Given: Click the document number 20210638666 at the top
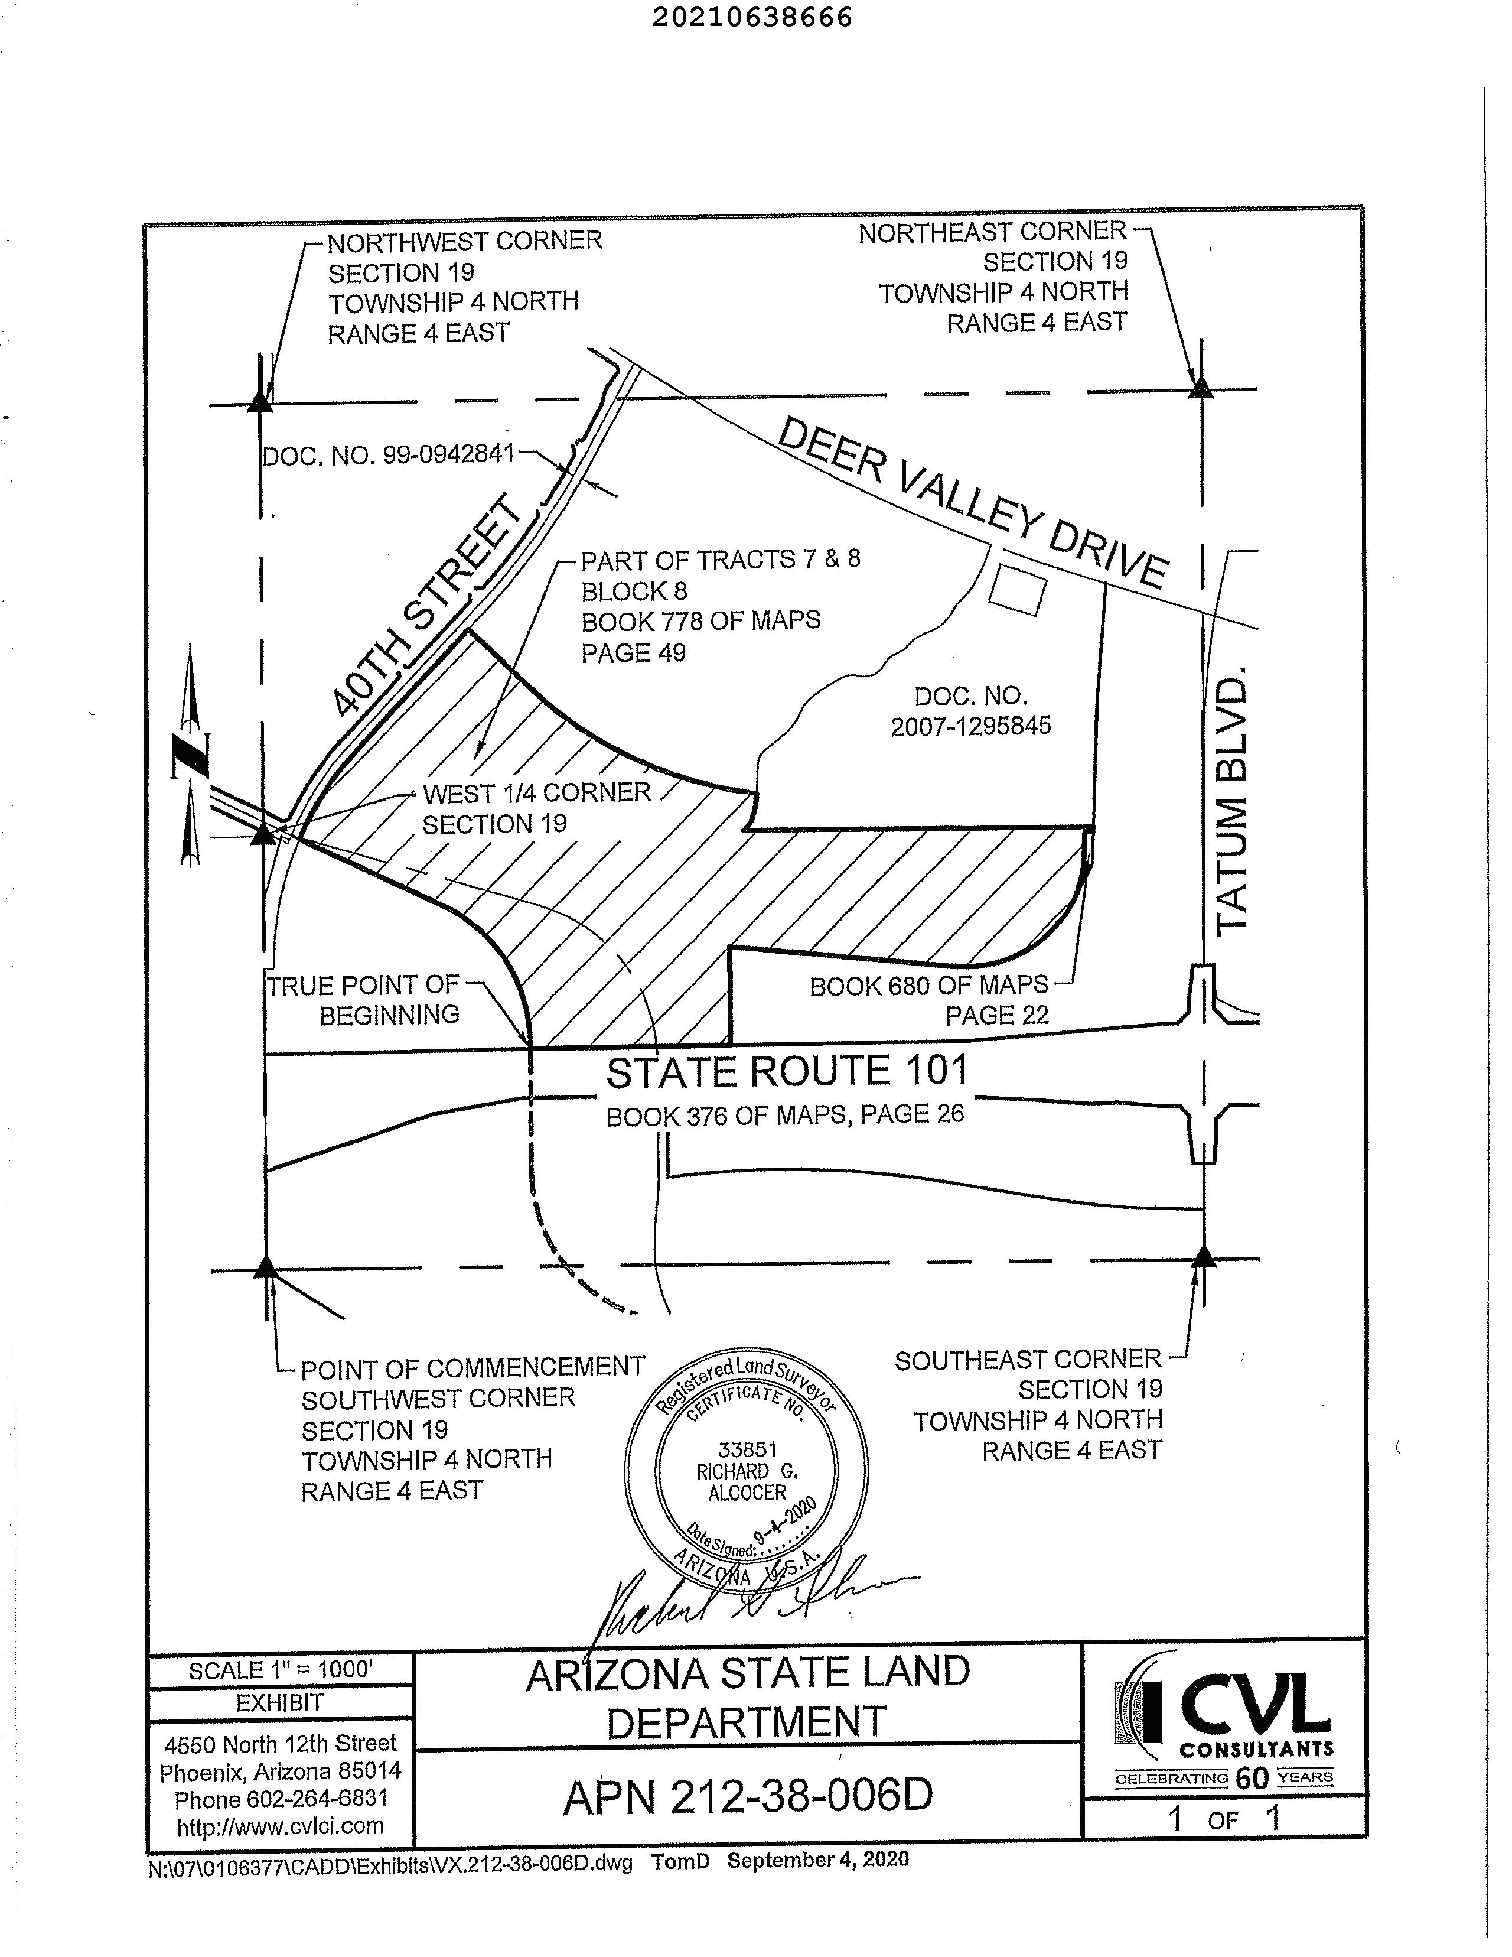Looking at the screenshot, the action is (x=751, y=17).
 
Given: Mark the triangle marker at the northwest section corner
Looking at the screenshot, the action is (x=260, y=401).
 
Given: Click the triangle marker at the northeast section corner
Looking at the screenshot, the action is (x=1200, y=388).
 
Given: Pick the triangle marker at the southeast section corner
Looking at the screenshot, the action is (x=1203, y=1258).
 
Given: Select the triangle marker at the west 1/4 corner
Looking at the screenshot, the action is (x=262, y=835).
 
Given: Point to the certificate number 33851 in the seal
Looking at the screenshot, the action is (x=748, y=1449).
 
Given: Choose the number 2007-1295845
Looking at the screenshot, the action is (x=970, y=726).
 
